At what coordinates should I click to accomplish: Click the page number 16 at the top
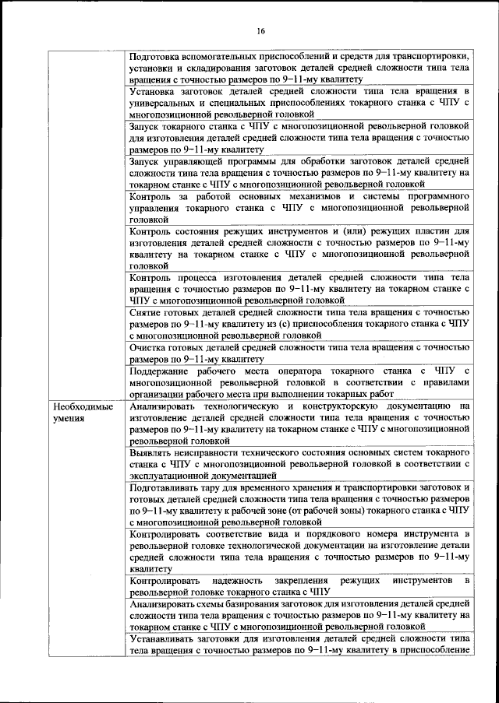click(260, 30)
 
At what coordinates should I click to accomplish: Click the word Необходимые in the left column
click(83, 406)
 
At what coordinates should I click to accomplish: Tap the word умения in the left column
click(69, 418)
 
